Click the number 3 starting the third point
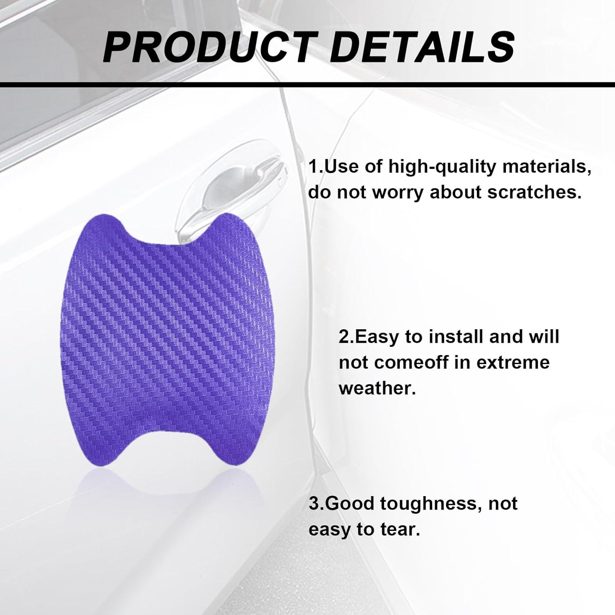click(314, 503)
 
